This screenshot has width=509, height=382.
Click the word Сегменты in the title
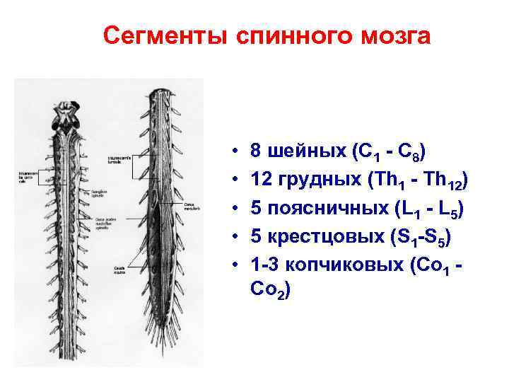pyautogui.click(x=163, y=35)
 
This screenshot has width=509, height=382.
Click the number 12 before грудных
pyautogui.click(x=261, y=182)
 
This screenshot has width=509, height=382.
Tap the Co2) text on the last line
pyautogui.click(x=268, y=290)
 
